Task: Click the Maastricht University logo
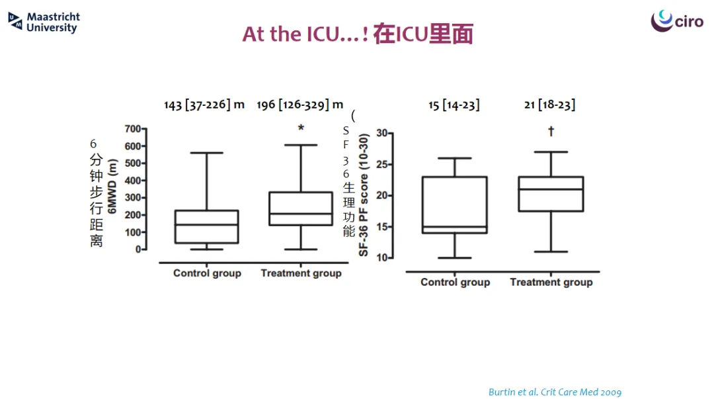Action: tap(44, 22)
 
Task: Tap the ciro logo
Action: tap(677, 21)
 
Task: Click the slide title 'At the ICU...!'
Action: tap(305, 34)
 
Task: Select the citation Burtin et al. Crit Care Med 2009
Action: tap(555, 392)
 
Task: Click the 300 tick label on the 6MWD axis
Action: tap(132, 198)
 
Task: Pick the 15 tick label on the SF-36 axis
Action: tap(381, 227)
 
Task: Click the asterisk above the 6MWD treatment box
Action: tap(301, 128)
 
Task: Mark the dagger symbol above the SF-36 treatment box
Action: tap(551, 131)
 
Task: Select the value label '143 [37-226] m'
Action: tap(204, 105)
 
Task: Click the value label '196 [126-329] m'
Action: tap(299, 105)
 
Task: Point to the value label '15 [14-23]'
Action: tap(454, 105)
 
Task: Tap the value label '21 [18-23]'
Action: tap(549, 105)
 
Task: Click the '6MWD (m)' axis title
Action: tap(112, 186)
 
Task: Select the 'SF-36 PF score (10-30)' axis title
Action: tap(363, 195)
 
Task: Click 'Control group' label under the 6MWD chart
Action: tap(207, 273)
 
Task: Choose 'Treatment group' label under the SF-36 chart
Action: tap(551, 283)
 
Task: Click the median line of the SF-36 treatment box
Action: tap(551, 189)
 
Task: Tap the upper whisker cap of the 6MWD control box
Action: tap(207, 153)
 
